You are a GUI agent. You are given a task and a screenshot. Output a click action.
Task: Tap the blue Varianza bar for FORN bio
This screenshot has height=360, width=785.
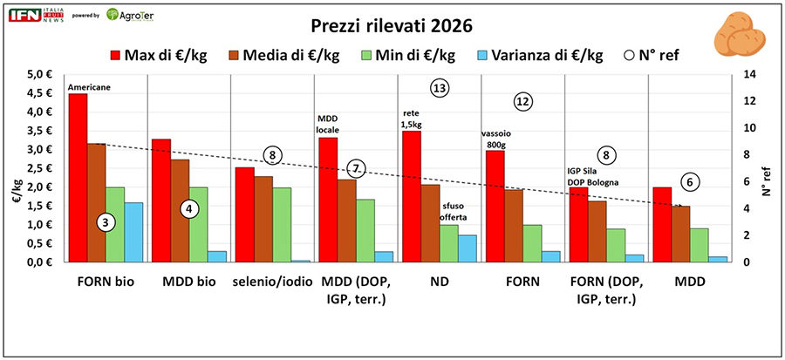(133, 232)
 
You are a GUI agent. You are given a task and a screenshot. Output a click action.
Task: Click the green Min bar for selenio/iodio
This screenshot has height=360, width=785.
(281, 225)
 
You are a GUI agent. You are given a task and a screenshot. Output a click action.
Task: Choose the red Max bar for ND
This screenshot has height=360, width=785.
(412, 197)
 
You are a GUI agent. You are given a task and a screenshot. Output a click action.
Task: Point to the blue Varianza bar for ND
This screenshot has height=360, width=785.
(468, 248)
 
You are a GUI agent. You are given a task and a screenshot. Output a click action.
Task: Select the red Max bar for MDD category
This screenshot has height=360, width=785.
(662, 225)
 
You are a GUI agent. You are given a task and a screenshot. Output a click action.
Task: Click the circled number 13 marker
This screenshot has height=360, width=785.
(439, 88)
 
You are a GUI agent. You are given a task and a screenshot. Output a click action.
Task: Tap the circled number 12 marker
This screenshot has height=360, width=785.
(522, 102)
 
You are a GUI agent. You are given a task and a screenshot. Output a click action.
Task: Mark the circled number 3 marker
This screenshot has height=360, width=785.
(105, 222)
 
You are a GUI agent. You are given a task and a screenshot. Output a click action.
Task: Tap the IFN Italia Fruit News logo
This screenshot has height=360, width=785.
(33, 16)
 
